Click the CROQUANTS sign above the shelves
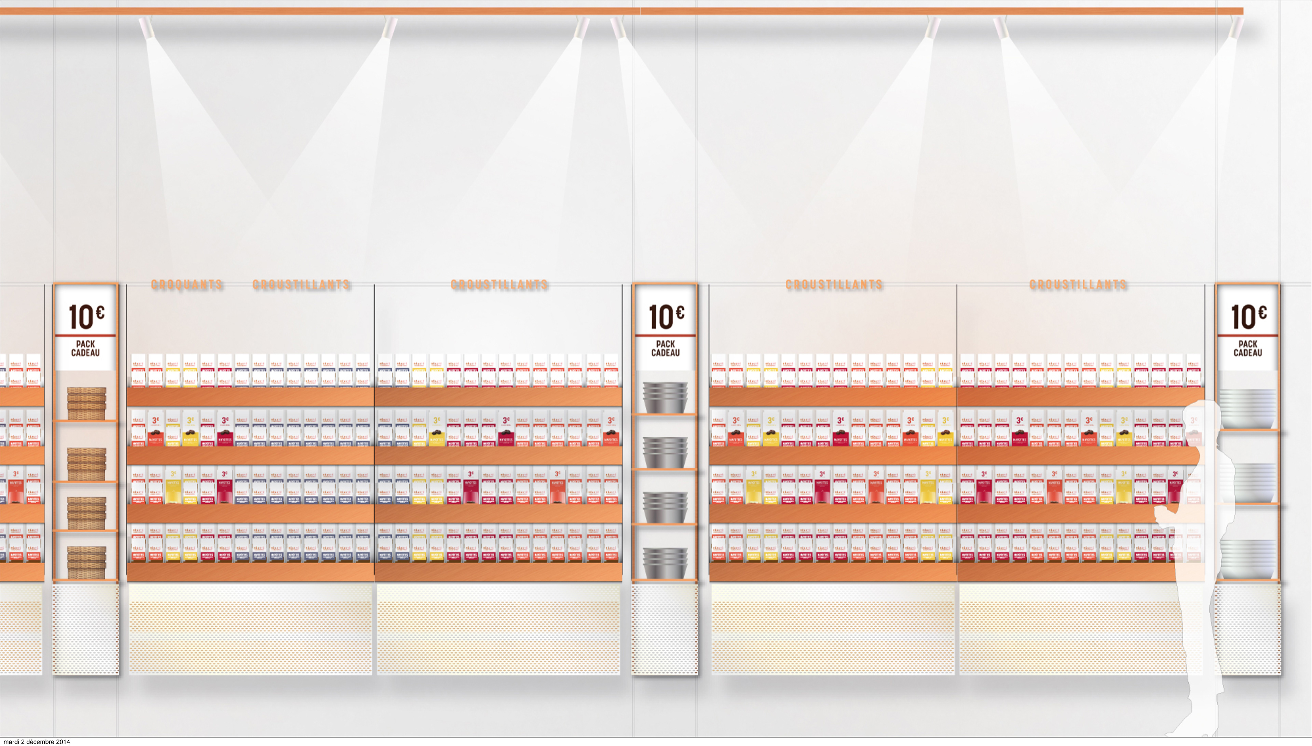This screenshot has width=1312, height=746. [x=187, y=285]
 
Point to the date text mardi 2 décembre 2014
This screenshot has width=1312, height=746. [x=37, y=741]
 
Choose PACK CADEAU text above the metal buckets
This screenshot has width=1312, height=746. [x=666, y=348]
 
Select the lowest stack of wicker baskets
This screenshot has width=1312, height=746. [x=86, y=562]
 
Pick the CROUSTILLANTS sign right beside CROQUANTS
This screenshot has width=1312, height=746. [x=301, y=285]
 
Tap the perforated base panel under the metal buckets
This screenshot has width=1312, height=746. [x=665, y=629]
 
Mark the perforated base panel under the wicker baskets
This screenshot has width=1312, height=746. [x=86, y=629]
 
